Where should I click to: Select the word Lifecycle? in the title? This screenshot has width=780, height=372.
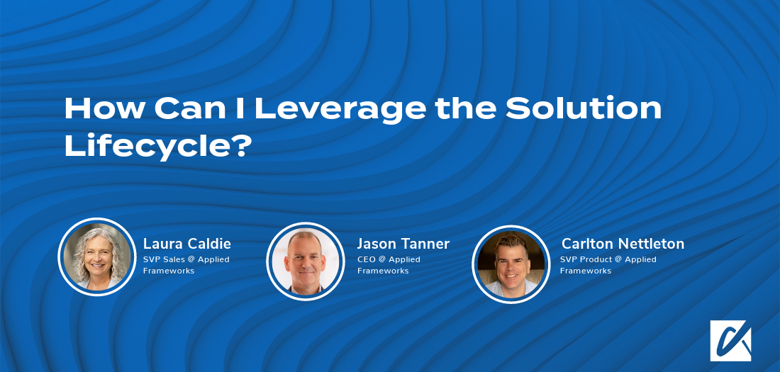coord(158,145)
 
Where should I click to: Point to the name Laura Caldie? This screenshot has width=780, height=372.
coord(187,244)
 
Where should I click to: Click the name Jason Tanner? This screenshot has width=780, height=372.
coord(403,244)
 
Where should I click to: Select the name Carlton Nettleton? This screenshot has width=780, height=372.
coord(623,244)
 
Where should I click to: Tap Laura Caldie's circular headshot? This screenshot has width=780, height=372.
coord(96,257)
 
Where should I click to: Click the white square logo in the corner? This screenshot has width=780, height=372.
coord(730,341)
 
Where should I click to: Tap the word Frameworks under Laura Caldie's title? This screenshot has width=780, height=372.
coord(169,271)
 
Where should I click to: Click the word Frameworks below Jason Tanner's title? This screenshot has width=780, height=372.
coord(383,271)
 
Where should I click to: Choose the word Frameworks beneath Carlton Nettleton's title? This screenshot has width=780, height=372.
coord(586,271)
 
